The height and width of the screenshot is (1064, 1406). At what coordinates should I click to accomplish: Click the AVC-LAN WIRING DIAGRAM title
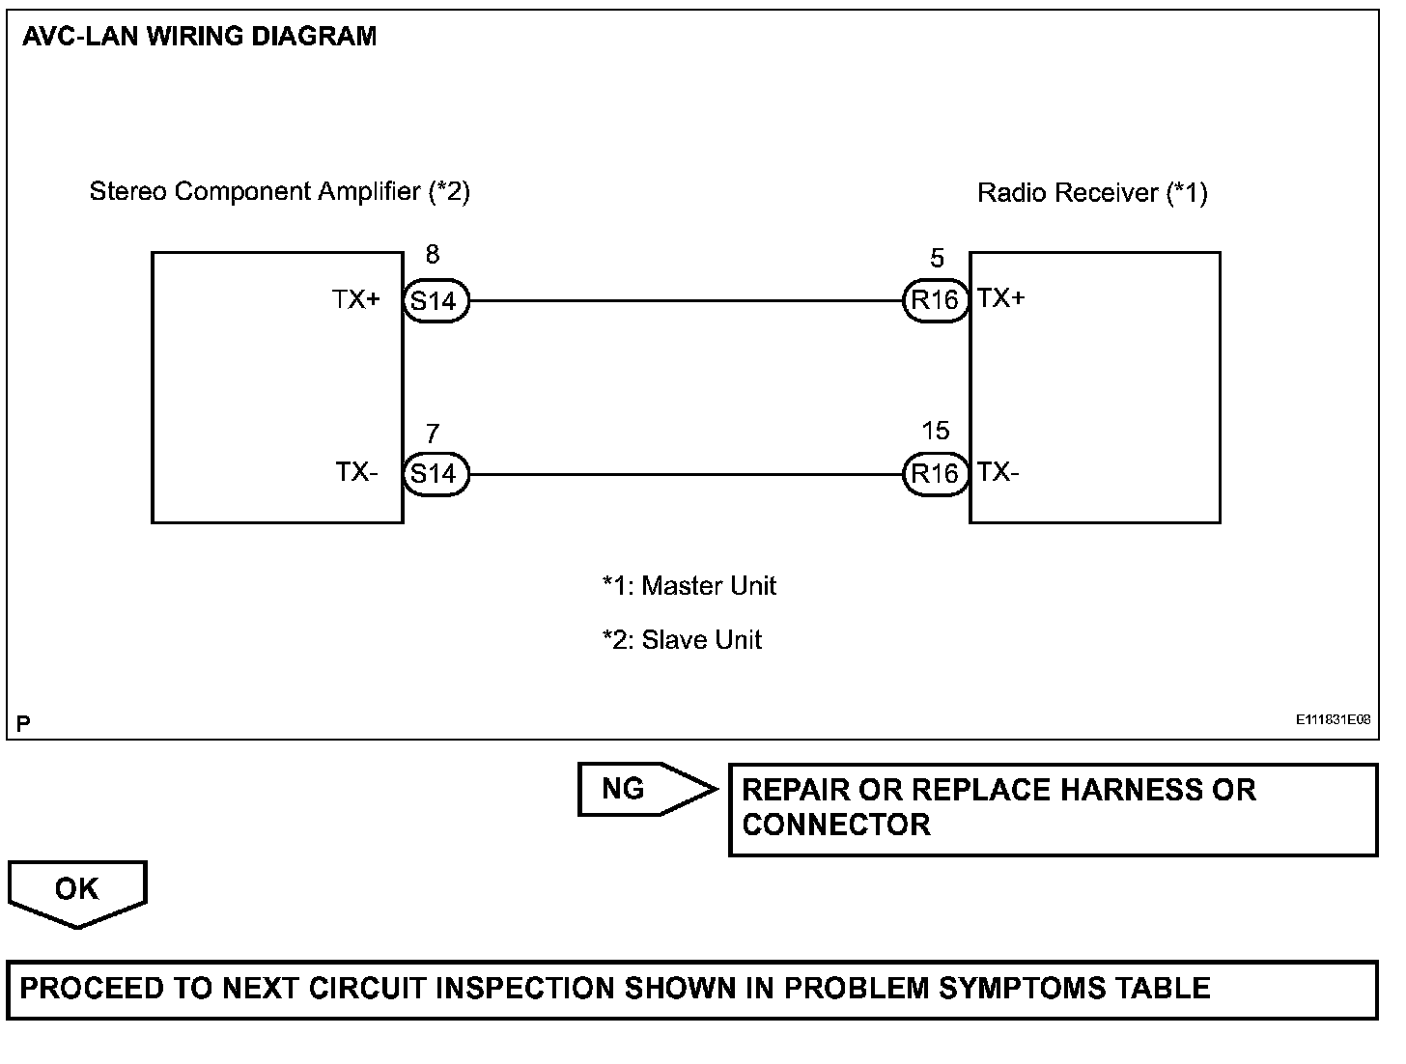click(x=199, y=37)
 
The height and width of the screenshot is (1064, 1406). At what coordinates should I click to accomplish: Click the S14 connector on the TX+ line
click(x=436, y=300)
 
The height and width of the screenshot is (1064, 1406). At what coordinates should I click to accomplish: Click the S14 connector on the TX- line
click(x=436, y=474)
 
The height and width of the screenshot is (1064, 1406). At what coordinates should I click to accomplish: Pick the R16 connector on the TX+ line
click(x=935, y=299)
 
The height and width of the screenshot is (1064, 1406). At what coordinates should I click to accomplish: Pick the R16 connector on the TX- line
click(x=935, y=474)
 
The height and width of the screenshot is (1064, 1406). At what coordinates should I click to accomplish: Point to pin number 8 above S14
click(x=433, y=254)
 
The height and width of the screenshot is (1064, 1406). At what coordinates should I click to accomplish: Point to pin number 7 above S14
click(x=433, y=434)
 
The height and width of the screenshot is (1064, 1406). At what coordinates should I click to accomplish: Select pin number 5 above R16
click(x=937, y=258)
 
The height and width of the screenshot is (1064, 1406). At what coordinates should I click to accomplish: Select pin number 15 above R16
click(x=935, y=431)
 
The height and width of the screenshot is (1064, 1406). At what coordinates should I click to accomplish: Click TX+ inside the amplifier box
click(x=356, y=299)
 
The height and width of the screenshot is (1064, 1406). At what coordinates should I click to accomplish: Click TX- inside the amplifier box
click(x=356, y=472)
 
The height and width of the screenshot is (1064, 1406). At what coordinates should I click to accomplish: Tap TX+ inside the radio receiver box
click(x=1000, y=297)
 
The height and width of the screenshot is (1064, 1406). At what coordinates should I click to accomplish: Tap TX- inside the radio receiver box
click(x=998, y=472)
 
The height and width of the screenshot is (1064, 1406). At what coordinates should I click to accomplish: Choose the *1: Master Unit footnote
click(x=689, y=585)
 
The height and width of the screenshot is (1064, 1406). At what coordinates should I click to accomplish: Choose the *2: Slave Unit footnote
click(x=682, y=639)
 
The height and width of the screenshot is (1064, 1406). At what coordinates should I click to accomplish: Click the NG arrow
click(x=646, y=789)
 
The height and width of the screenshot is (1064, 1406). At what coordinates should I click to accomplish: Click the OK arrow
click(x=77, y=892)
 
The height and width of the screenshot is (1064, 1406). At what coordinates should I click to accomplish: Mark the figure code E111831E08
click(x=1333, y=719)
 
